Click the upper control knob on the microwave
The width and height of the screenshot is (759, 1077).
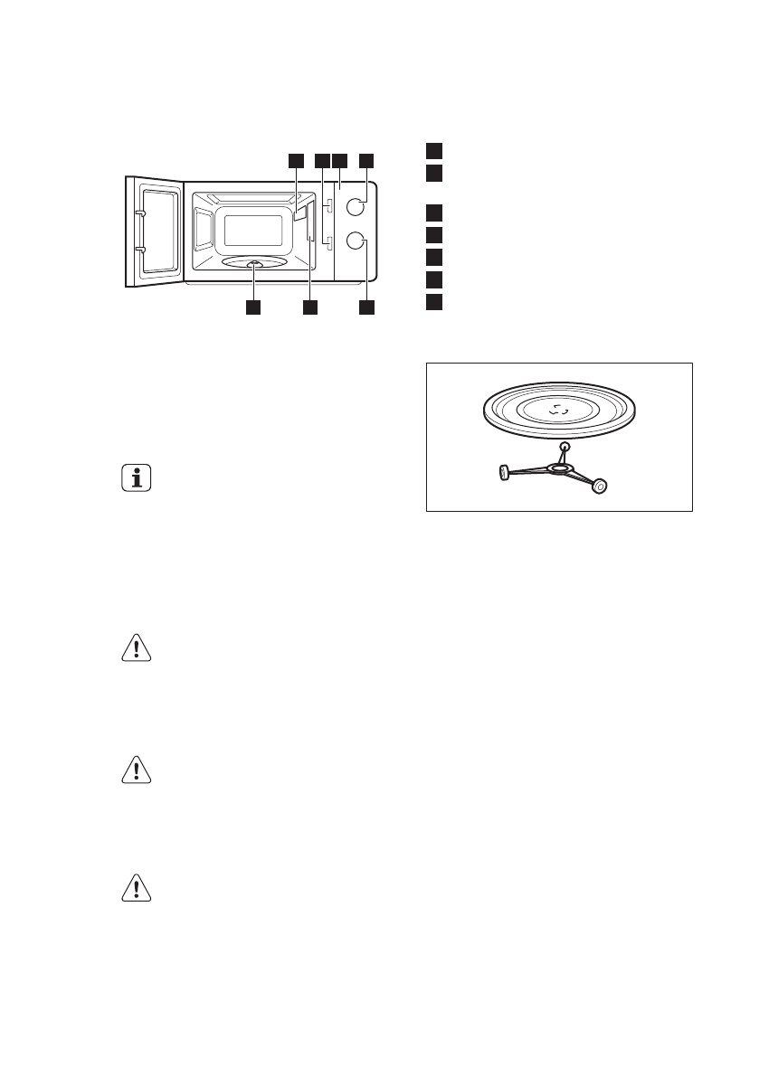point(356,206)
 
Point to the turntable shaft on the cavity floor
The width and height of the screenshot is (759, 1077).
point(255,264)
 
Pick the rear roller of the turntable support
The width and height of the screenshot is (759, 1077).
point(565,446)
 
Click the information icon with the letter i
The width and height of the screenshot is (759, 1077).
point(136,479)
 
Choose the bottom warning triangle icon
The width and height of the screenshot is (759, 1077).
point(136,889)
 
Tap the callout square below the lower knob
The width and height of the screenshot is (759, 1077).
point(366,308)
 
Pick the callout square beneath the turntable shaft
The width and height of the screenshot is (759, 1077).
point(253,308)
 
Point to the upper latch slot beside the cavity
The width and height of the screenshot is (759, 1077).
point(329,206)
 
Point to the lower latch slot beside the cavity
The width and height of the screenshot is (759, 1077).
point(329,242)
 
